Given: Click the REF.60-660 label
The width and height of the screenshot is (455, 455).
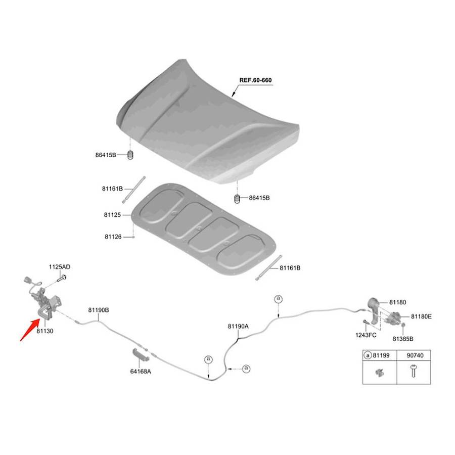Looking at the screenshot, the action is tap(255, 80).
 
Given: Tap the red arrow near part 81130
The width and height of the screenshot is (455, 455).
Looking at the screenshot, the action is tap(30, 330).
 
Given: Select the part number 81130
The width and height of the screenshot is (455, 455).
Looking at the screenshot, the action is tap(44, 331).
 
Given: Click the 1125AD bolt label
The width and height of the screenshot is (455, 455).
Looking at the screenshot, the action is tap(60, 267).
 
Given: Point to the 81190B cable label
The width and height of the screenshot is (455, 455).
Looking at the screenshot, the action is tap(99, 310).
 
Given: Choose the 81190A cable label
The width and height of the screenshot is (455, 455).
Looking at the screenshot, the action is tap(238, 327).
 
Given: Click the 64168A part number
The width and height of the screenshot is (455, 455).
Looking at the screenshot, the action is tap(141, 372).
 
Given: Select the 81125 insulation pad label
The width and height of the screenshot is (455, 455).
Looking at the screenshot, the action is tap(112, 215).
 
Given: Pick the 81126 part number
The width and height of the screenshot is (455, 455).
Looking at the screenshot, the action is tap(113, 237).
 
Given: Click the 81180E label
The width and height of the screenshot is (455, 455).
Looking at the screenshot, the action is tap(421, 316).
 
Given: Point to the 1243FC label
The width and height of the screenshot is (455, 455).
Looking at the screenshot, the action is tap(366, 335).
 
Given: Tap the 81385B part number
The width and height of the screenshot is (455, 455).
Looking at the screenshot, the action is tap(403, 339).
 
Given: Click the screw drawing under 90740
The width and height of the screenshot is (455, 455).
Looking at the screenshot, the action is tap(414, 371).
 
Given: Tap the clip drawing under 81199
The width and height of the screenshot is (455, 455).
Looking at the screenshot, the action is tap(379, 372).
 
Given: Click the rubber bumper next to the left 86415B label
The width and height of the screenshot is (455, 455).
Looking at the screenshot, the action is tap(130, 155).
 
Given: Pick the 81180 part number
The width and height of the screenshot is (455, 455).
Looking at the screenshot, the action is tap(397, 302).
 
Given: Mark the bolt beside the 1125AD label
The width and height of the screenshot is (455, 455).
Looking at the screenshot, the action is tap(62, 278).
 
